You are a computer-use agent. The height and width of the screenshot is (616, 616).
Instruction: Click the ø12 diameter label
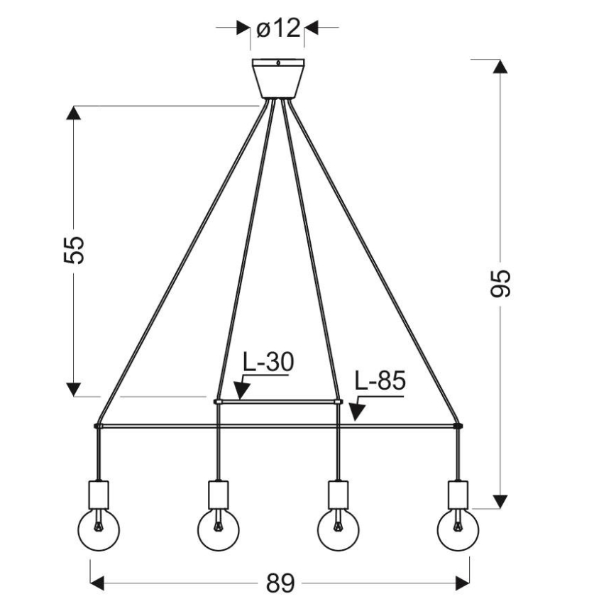point(277,28)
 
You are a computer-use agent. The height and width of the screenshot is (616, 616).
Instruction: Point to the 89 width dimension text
point(280,583)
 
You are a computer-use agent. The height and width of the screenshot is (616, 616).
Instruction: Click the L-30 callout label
point(268,362)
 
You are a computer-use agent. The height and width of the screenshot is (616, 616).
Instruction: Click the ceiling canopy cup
point(278,78)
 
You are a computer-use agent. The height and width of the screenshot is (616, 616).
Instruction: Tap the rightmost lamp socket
point(458,492)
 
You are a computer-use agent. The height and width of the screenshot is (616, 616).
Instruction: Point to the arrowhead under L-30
point(239,392)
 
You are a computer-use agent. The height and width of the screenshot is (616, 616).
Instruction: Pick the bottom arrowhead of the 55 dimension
point(74,389)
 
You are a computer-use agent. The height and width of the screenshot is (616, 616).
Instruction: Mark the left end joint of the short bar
point(217,402)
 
